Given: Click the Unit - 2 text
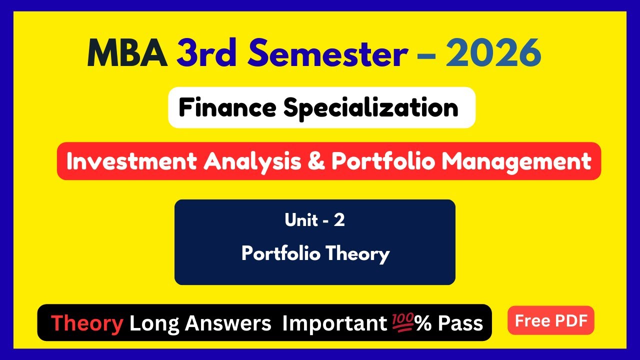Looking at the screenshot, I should point(314,220).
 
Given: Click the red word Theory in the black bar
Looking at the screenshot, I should point(87,323).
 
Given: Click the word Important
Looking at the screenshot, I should point(334,323).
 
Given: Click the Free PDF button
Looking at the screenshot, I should point(551,320).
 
